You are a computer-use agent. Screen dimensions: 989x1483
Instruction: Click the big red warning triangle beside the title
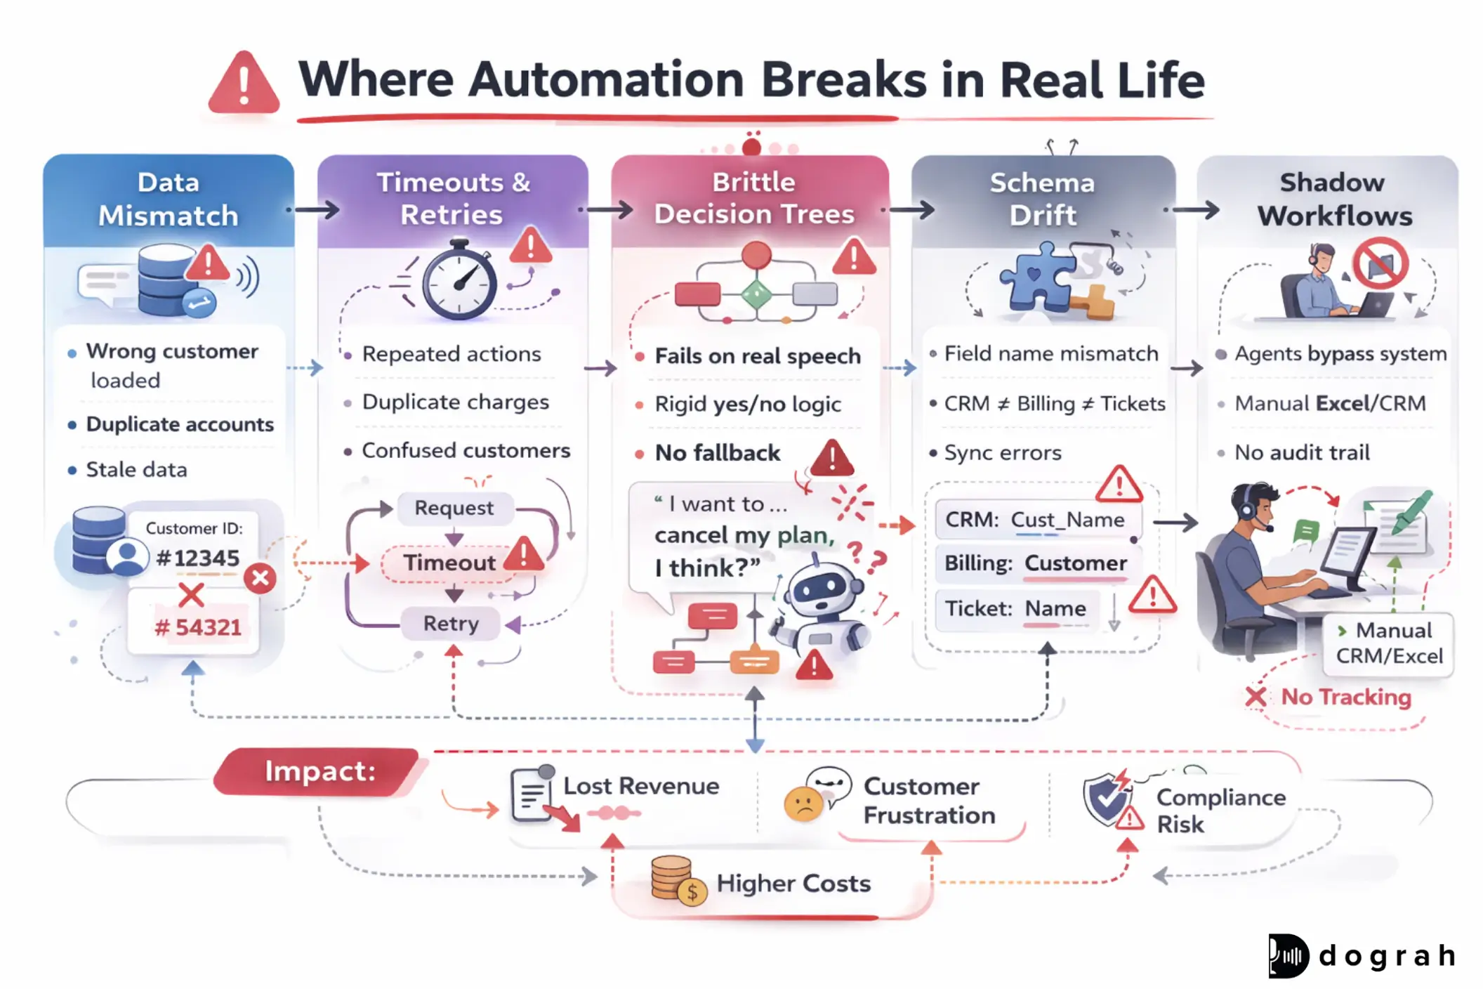pyautogui.click(x=244, y=84)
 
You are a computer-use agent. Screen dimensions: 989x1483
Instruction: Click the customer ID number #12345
pyautogui.click(x=197, y=558)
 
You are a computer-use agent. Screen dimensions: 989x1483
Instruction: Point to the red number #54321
pyautogui.click(x=197, y=627)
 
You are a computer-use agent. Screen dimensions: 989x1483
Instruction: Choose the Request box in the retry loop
pyautogui.click(x=454, y=508)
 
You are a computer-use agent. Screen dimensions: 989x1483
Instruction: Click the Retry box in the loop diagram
pyautogui.click(x=451, y=623)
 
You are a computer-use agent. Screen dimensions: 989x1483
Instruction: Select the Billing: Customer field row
pyautogui.click(x=1035, y=563)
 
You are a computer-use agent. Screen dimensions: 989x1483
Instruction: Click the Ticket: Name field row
pyautogui.click(x=1015, y=608)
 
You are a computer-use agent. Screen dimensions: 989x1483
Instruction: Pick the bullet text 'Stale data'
pyautogui.click(x=136, y=469)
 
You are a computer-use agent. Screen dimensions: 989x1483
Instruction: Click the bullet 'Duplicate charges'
pyautogui.click(x=455, y=402)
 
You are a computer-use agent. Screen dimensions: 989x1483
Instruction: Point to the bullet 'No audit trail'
pyautogui.click(x=1302, y=452)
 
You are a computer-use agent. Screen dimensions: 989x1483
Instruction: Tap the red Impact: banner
pyautogui.click(x=319, y=771)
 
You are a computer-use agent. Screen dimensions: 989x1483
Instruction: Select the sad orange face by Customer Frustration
pyautogui.click(x=803, y=804)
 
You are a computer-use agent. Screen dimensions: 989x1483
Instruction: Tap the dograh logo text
pyautogui.click(x=1387, y=956)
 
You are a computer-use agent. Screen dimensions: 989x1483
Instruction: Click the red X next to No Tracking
pyautogui.click(x=1255, y=697)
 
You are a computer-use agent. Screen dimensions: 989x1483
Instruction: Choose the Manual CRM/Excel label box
pyautogui.click(x=1388, y=643)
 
